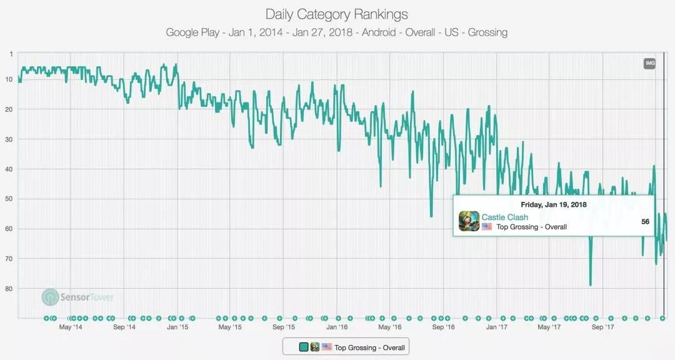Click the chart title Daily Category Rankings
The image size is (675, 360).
337,14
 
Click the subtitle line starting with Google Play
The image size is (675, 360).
337,32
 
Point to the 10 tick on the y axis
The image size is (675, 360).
10,79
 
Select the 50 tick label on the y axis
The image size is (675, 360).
10,199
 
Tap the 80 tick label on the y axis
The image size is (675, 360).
10,289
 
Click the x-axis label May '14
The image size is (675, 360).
71,327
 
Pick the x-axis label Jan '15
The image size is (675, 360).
177,327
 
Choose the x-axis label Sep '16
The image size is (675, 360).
443,327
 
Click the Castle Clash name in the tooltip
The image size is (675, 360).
504,217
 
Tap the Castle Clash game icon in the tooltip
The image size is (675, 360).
469,221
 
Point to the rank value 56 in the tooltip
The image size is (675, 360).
646,221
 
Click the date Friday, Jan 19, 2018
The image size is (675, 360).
554,204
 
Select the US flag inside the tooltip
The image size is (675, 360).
487,227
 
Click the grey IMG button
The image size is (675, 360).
649,63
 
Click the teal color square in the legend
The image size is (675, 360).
304,347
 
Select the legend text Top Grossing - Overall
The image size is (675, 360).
369,347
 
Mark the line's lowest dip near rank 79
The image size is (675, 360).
590,286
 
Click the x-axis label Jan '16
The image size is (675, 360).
337,327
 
